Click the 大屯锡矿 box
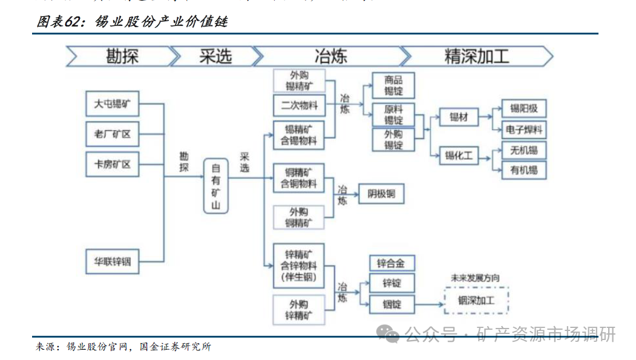click(112, 104)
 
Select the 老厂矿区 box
click(112, 134)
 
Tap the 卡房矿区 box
click(112, 164)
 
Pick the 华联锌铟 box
click(112, 261)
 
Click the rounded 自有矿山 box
click(215, 186)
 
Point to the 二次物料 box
click(299, 106)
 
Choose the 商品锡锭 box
click(393, 86)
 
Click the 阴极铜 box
click(381, 194)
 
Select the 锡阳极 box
click(524, 109)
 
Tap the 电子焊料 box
click(524, 129)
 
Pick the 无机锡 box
click(524, 150)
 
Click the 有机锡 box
click(524, 171)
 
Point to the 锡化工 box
click(459, 156)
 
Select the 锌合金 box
click(392, 263)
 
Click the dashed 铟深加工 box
click(476, 301)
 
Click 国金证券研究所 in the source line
click(175, 347)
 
